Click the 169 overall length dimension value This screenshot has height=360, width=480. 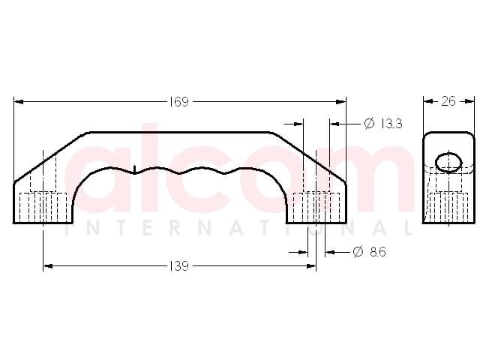[179, 102]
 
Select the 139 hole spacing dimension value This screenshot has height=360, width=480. [179, 266]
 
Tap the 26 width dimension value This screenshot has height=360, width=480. [448, 101]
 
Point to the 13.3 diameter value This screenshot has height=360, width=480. [391, 124]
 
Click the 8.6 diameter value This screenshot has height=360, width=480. [378, 252]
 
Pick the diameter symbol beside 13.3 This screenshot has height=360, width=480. [370, 123]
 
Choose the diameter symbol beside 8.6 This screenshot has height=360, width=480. [358, 252]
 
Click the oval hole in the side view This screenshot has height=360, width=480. [448, 162]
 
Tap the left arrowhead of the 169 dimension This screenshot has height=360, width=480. [19, 102]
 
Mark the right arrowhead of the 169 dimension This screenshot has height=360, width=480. [341, 102]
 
